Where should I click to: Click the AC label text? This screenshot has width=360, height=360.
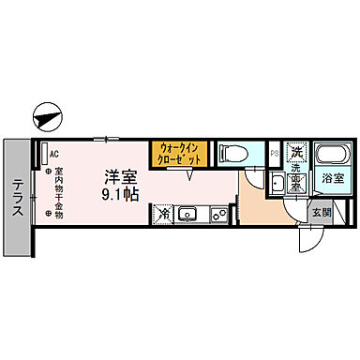[x=53, y=154]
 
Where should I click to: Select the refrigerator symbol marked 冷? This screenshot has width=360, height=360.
[x=163, y=215]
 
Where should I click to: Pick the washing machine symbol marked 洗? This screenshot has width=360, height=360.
[x=295, y=152]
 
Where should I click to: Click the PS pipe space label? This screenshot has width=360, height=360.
[x=274, y=154]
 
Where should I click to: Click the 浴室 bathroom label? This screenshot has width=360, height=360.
[x=333, y=176]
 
